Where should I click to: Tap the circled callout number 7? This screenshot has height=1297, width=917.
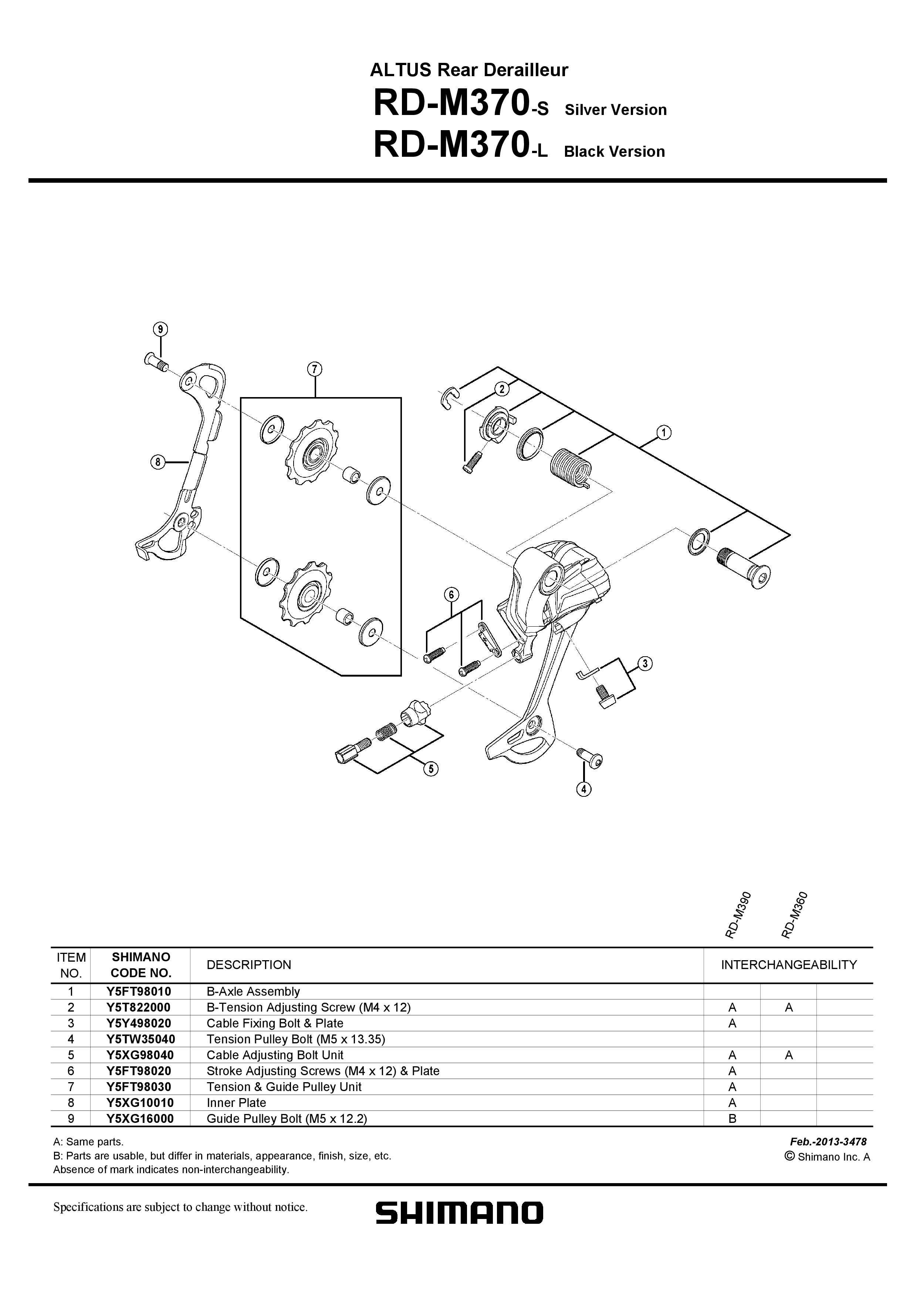pyautogui.click(x=315, y=369)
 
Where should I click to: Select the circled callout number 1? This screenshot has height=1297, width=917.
pyautogui.click(x=664, y=433)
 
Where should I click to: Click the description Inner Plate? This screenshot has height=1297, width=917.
pyautogui.click(x=236, y=1102)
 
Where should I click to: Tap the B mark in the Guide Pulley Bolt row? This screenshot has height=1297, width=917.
pyautogui.click(x=732, y=1118)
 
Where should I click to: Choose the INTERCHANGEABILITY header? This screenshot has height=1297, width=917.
pyautogui.click(x=788, y=965)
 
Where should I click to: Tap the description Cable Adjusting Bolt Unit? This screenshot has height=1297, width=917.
pyautogui.click(x=275, y=1055)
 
